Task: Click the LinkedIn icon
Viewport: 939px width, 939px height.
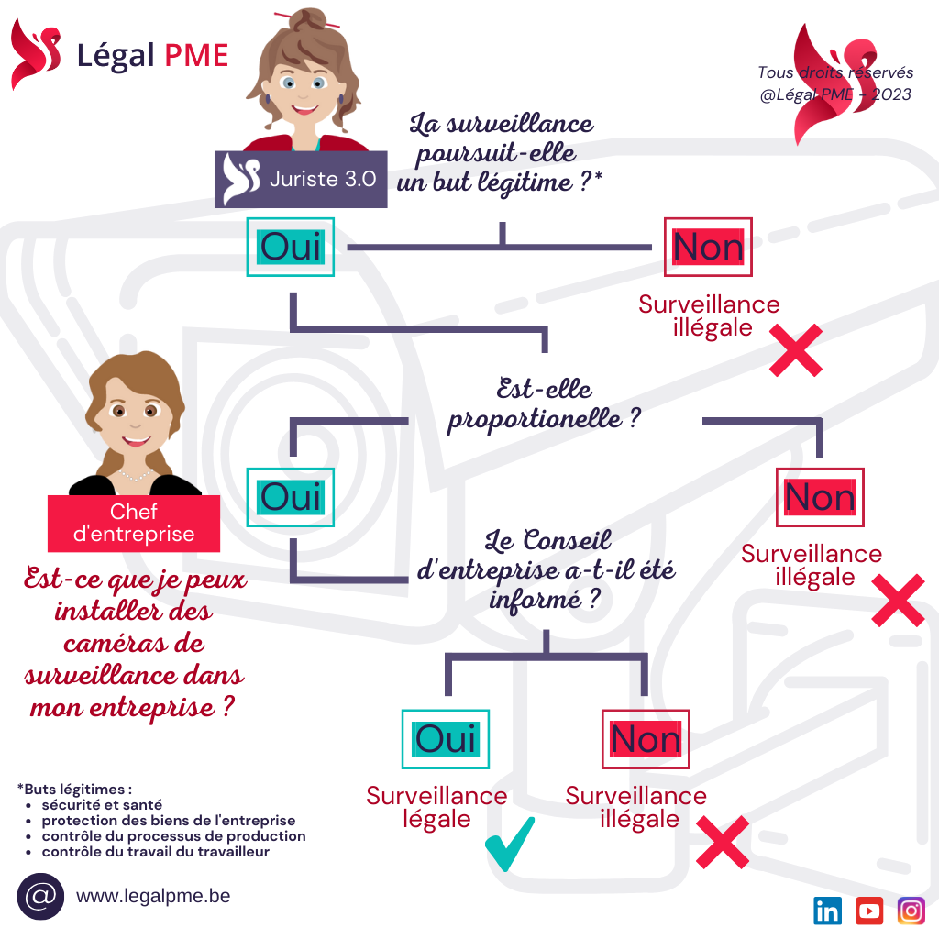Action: [x=827, y=911]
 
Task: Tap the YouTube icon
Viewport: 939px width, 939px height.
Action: [x=869, y=911]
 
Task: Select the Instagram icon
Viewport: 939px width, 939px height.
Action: [x=911, y=911]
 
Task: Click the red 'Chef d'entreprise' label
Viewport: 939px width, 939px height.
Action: [x=134, y=524]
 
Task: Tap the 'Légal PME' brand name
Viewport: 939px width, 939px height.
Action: [x=152, y=55]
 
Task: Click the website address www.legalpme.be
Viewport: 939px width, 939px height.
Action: [x=138, y=903]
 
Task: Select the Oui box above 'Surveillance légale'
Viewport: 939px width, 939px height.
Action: [x=446, y=738]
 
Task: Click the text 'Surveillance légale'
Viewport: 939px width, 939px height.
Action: [x=436, y=808]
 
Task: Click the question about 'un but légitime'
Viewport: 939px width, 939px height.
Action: [x=501, y=152]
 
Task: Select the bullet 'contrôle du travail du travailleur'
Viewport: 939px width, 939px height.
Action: [x=155, y=852]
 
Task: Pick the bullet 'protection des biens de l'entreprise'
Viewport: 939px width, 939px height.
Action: [x=168, y=820]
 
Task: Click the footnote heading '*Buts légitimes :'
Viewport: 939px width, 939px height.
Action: [x=75, y=788]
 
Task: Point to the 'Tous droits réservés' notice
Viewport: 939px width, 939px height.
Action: [x=834, y=72]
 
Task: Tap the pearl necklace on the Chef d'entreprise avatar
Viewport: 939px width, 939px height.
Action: [x=136, y=475]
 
